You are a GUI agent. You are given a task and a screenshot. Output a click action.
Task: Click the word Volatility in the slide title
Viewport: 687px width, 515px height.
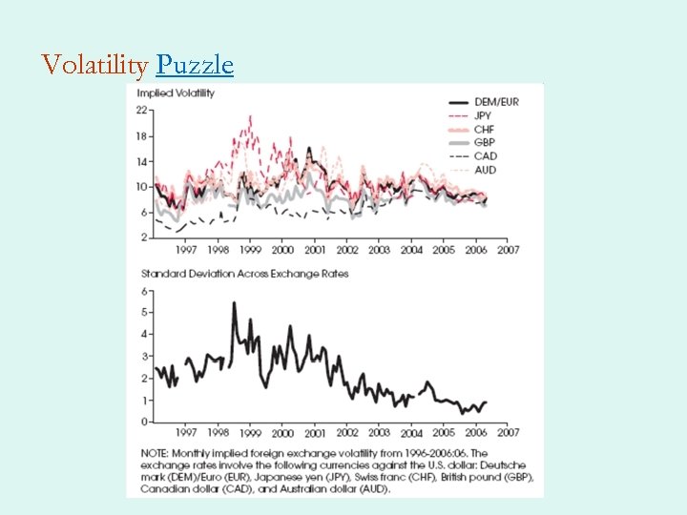(94, 65)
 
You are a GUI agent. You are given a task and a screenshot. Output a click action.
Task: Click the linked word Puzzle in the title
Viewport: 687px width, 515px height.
(195, 65)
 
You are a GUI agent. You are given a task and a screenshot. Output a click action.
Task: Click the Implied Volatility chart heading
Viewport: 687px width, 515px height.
(176, 93)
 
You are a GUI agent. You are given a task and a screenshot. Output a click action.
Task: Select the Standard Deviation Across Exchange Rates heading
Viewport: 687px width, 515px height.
(243, 274)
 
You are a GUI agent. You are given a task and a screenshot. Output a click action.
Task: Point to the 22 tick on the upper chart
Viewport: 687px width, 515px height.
(141, 111)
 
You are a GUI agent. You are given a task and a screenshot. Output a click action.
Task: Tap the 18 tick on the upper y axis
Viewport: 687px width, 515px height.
(141, 136)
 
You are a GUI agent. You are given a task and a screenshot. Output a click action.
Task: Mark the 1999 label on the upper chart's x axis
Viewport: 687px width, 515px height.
(250, 250)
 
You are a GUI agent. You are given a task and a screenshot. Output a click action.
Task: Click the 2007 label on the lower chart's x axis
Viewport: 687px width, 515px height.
(508, 433)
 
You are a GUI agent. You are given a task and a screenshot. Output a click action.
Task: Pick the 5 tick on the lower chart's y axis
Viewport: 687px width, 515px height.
(144, 312)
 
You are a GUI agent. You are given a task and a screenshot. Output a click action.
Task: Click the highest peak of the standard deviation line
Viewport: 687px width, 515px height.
(234, 303)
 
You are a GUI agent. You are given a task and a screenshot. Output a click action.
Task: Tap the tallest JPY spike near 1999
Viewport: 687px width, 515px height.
(250, 117)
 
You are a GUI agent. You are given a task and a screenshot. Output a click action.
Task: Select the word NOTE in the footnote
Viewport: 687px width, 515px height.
(155, 453)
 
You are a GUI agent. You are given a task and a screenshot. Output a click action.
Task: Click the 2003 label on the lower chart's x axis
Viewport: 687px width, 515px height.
(379, 433)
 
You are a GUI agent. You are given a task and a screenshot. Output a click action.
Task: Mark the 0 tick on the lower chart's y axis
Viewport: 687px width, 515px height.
(144, 422)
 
